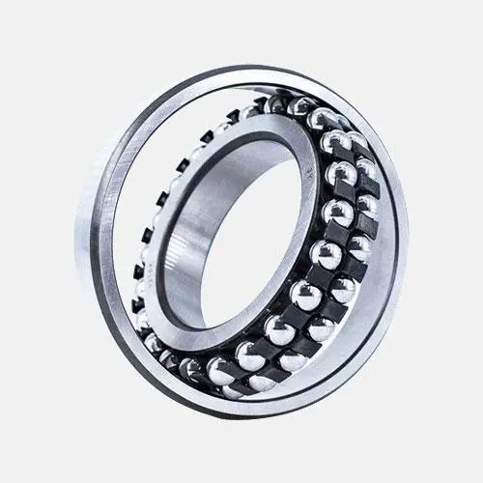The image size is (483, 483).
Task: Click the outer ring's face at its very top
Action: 241,73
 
